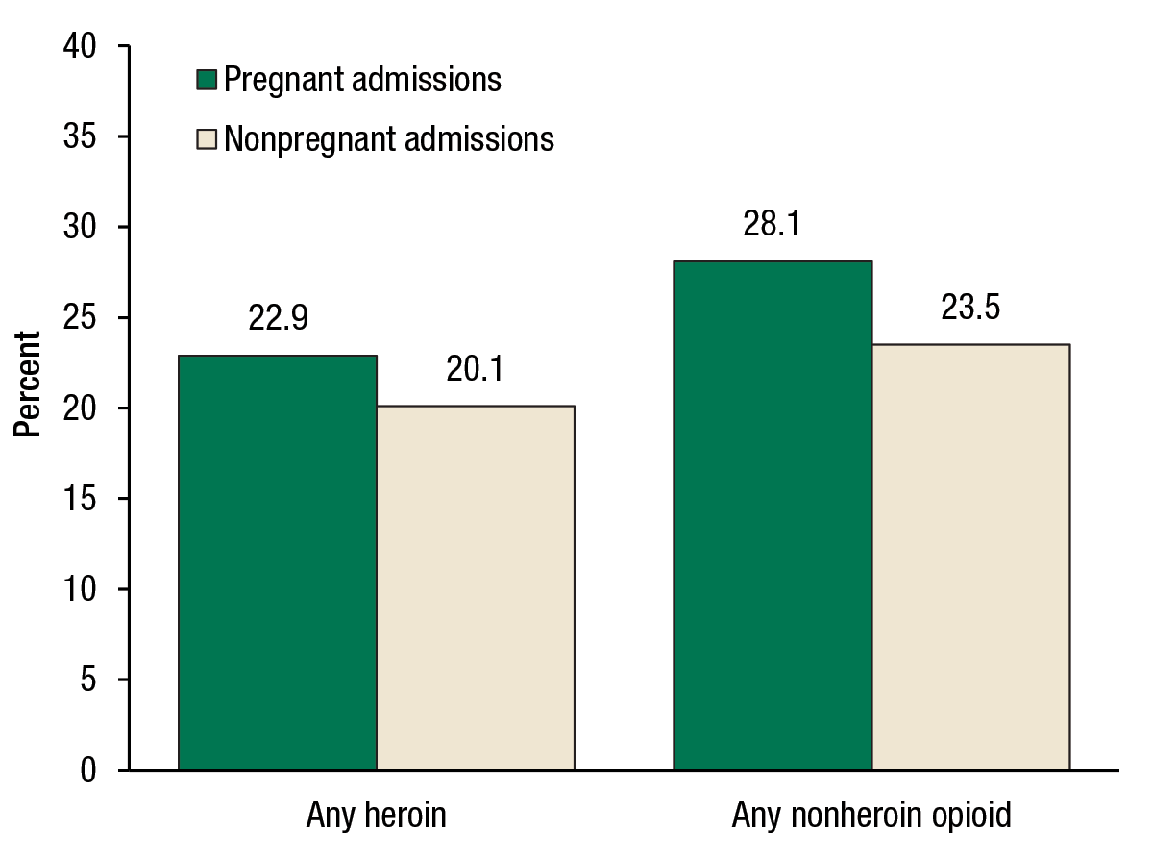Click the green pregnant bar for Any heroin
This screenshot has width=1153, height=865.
[x=278, y=562]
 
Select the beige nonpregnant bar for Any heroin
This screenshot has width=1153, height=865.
[x=476, y=587]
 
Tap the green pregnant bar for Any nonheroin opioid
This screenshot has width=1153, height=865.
[x=773, y=515]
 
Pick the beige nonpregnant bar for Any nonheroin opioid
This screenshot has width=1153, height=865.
[x=970, y=556]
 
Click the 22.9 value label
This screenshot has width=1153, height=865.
[x=278, y=319]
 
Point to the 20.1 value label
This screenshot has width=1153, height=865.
[x=476, y=370]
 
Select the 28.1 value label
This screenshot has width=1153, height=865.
[x=773, y=225]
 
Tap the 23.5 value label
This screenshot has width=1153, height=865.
[x=970, y=309]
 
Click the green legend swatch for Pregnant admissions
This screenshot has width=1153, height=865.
[x=208, y=80]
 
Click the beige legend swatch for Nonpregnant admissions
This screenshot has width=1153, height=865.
[x=208, y=139]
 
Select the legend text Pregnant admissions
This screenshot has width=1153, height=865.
[x=362, y=80]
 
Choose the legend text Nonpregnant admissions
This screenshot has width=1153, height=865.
[x=389, y=139]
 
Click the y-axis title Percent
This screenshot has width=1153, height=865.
[x=28, y=384]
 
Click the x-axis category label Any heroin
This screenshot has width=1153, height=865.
[x=377, y=816]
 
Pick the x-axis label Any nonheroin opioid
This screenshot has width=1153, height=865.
[x=871, y=816]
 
